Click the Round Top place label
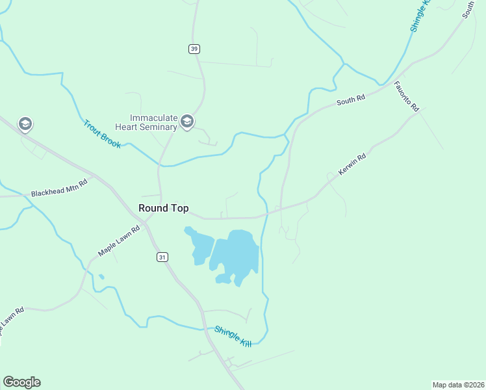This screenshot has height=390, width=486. (x=164, y=208)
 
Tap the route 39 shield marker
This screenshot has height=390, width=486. (x=194, y=49)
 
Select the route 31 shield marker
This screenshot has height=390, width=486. (x=162, y=257)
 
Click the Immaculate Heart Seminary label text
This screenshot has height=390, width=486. (x=153, y=122)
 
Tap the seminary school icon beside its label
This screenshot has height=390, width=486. (x=187, y=121)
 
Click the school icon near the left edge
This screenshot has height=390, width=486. (x=25, y=124)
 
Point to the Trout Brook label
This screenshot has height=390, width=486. (x=102, y=133)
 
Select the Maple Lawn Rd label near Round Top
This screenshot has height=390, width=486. (x=119, y=240)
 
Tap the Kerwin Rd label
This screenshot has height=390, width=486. (x=352, y=164)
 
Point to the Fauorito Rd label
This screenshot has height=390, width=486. (x=407, y=97)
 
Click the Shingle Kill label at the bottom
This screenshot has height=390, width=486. (x=233, y=336)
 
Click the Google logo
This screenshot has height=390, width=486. (x=21, y=382)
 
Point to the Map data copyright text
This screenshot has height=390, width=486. (x=459, y=384)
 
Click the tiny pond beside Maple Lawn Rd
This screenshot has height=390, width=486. (x=101, y=277)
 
